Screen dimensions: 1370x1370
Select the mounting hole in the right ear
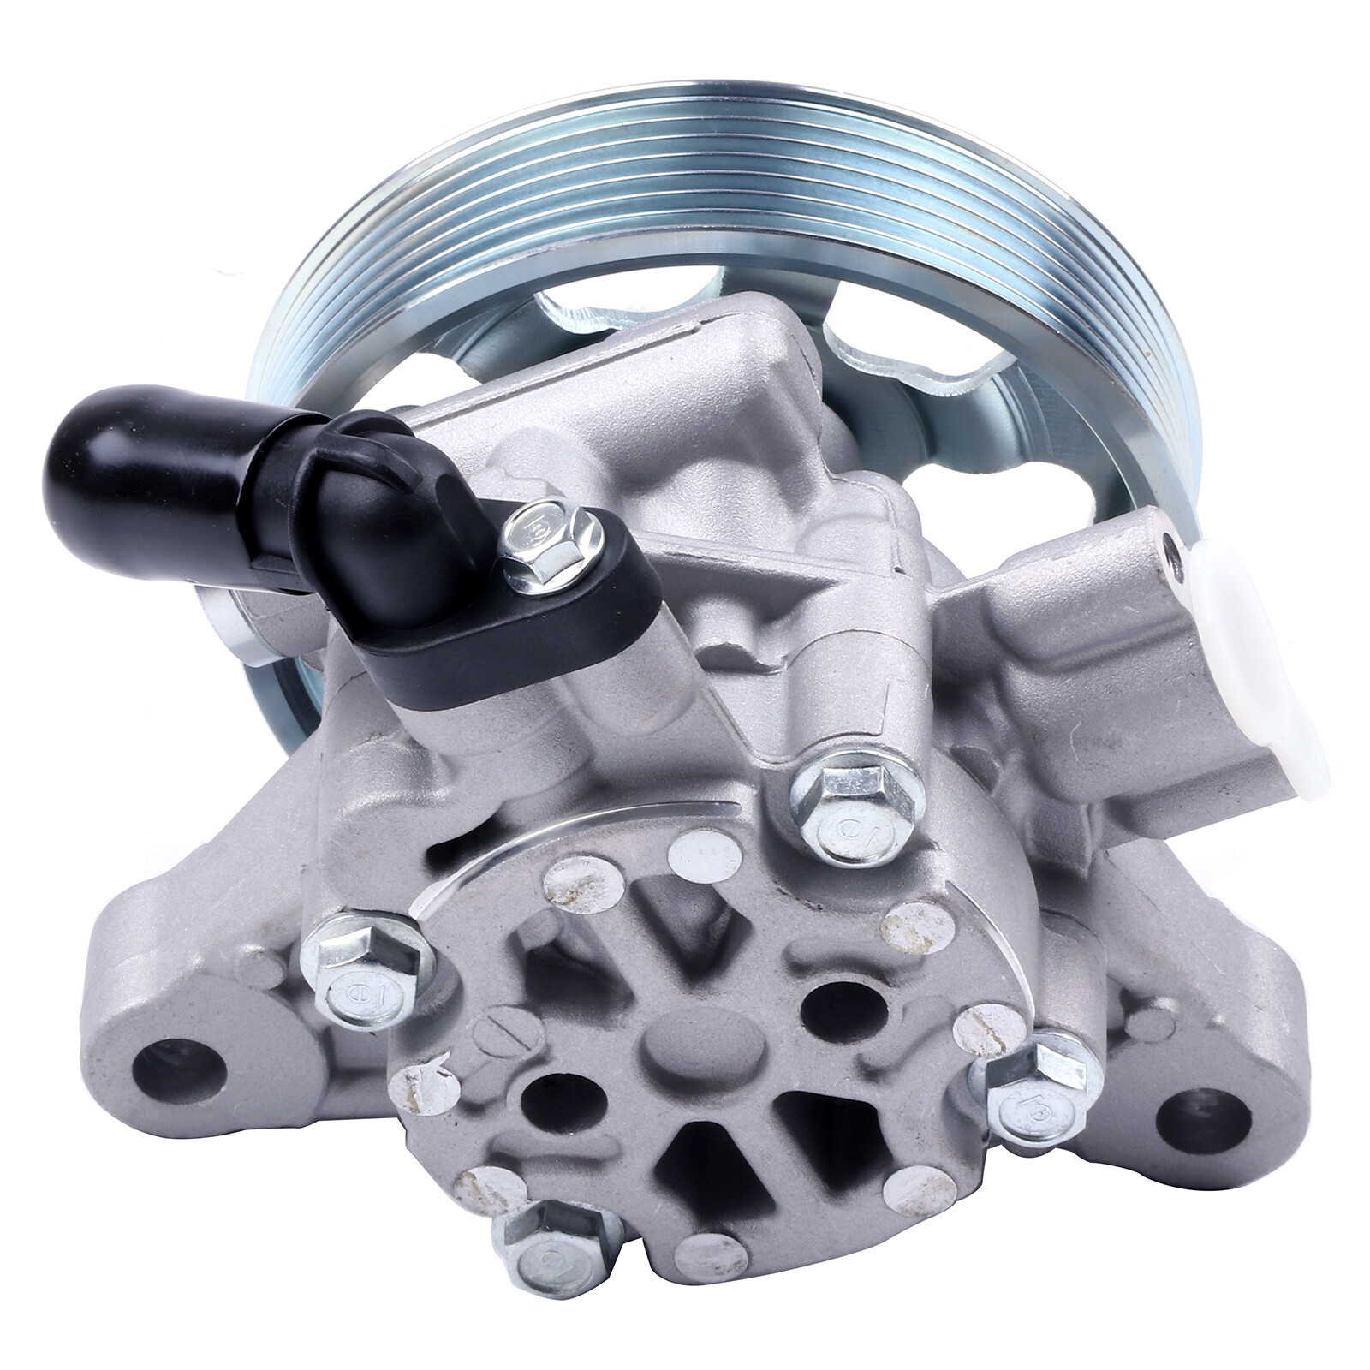[x=1207, y=1117]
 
